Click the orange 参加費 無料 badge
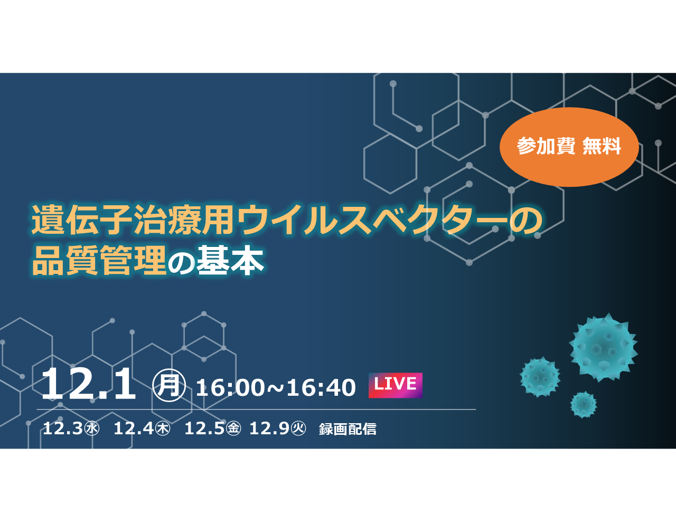point(569,147)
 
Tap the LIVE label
point(396,385)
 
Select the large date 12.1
point(89,384)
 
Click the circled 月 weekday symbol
point(169,385)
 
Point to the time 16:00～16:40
point(276,388)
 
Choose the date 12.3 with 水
point(71,428)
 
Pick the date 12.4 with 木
point(142,428)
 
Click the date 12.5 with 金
point(212,428)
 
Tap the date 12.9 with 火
point(277,428)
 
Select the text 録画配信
point(348,429)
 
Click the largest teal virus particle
point(603,348)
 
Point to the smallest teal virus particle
point(584,405)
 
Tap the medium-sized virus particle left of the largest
point(540,377)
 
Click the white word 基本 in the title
point(230,260)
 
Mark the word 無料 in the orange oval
point(602,146)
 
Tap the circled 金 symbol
point(233,428)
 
